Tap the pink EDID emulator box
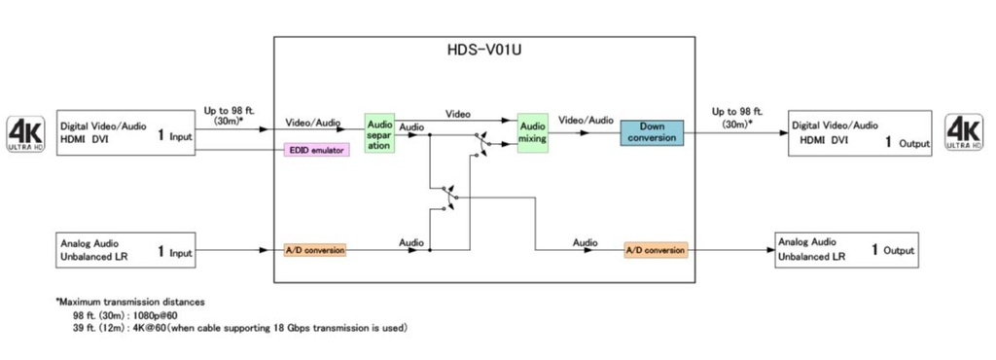click(315, 151)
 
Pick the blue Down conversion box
click(652, 133)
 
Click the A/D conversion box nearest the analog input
click(315, 250)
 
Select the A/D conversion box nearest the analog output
click(656, 250)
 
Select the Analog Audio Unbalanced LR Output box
click(845, 250)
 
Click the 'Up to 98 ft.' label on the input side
click(229, 111)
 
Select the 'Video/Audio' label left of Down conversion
click(586, 121)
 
